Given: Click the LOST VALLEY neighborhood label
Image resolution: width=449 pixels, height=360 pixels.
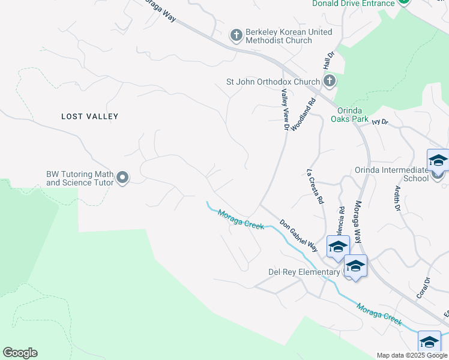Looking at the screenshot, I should click(90, 116).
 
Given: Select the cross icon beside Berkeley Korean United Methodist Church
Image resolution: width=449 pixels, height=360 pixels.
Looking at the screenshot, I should click(236, 36).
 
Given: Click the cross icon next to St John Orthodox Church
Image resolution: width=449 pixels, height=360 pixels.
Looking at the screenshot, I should click(328, 81).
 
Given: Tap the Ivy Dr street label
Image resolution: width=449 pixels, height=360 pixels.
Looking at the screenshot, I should click(381, 122).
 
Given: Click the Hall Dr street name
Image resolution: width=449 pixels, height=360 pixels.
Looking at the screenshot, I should click(328, 59).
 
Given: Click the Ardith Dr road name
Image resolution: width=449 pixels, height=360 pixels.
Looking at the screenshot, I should click(397, 199).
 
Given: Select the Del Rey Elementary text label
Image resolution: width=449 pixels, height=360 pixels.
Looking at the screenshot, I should click(304, 272).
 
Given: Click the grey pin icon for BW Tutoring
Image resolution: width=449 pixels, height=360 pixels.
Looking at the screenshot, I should click(123, 178).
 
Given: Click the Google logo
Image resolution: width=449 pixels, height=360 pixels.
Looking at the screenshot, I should click(20, 353).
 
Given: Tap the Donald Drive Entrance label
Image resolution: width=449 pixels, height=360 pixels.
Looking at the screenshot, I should click(353, 3).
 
